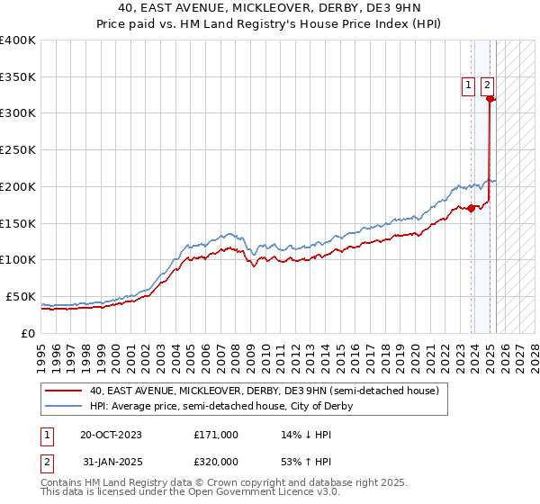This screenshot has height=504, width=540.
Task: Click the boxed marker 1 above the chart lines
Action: [469, 85]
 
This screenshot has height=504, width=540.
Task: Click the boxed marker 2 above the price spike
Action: [487, 85]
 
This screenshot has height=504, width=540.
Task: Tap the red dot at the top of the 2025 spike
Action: [490, 100]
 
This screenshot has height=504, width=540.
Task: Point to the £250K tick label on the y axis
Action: [18, 150]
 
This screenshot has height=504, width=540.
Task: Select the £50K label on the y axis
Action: [22, 296]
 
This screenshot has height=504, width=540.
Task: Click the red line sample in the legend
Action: [62, 391]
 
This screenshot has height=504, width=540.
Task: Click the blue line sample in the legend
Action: [62, 406]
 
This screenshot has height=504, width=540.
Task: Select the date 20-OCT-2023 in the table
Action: [111, 435]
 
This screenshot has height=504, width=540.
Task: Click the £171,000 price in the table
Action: [216, 435]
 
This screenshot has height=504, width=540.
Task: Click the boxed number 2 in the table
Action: [47, 463]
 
